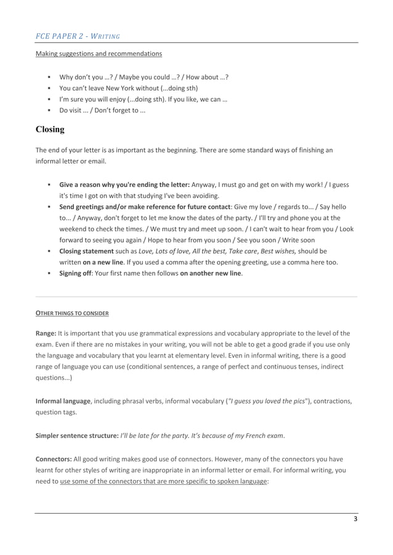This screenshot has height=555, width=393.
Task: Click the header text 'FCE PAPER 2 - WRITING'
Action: click(x=77, y=36)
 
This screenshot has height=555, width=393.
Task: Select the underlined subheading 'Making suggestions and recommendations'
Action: click(x=99, y=54)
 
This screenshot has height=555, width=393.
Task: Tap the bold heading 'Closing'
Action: click(x=50, y=130)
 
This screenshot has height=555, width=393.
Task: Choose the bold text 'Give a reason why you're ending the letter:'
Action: click(x=124, y=184)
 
